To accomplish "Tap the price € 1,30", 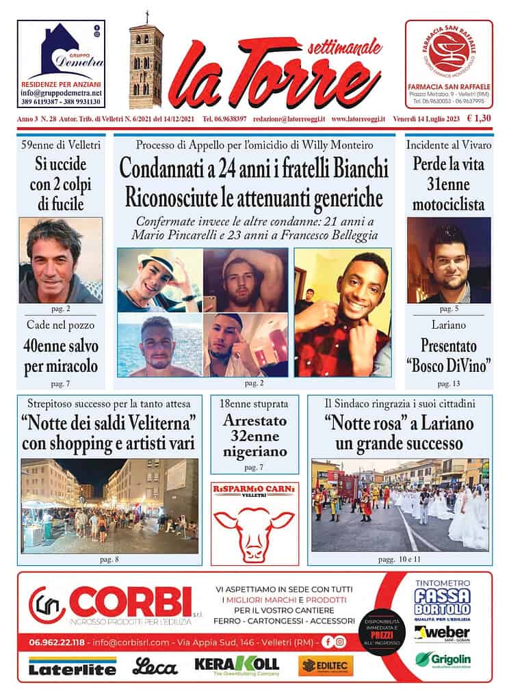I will click(x=479, y=118).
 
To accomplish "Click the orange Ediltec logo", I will click(x=326, y=665).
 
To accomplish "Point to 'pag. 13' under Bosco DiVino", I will click(x=447, y=384).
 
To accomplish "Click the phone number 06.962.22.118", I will click(x=57, y=642).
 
